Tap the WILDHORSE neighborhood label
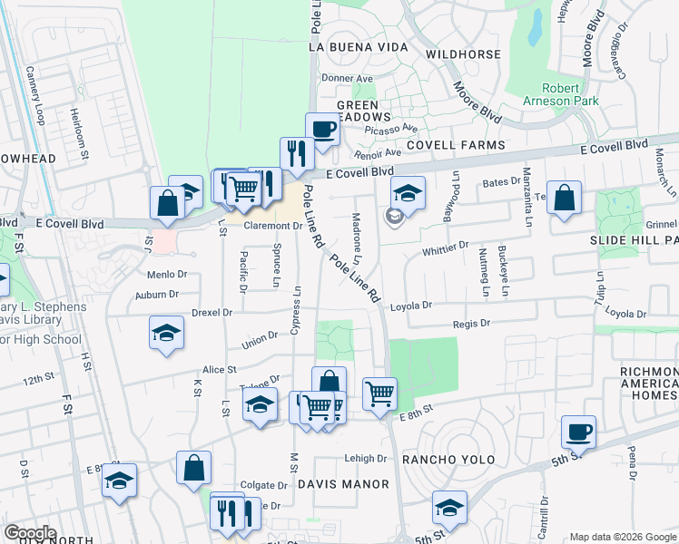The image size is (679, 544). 463,54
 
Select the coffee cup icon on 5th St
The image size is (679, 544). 577,432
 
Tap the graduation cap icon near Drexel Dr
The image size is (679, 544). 166,333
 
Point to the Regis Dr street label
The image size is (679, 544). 471,323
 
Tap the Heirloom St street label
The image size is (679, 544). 78,121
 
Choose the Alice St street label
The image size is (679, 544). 220,370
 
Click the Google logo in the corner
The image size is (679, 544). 30,533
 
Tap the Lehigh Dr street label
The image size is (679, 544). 366,459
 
